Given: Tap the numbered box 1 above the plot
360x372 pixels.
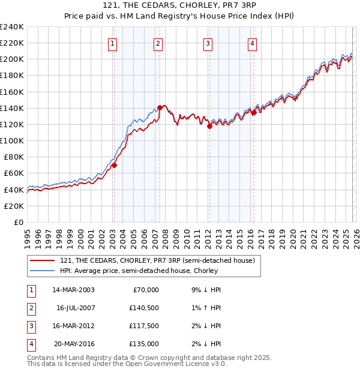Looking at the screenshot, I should [x=113, y=43].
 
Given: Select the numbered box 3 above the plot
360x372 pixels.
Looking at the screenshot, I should [x=208, y=43].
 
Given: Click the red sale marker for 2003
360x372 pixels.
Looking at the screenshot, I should [x=114, y=165].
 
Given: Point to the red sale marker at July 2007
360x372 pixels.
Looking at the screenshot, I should [x=160, y=108].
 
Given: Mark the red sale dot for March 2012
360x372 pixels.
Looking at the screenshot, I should [x=209, y=127].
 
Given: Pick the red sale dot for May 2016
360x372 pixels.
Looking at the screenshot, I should [x=254, y=112].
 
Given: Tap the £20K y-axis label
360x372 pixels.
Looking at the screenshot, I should [x=14, y=206].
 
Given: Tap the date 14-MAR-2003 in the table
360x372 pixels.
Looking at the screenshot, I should [x=73, y=290].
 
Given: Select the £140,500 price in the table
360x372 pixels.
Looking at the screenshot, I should [x=144, y=308].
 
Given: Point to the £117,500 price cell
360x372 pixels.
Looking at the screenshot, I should [x=144, y=326].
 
